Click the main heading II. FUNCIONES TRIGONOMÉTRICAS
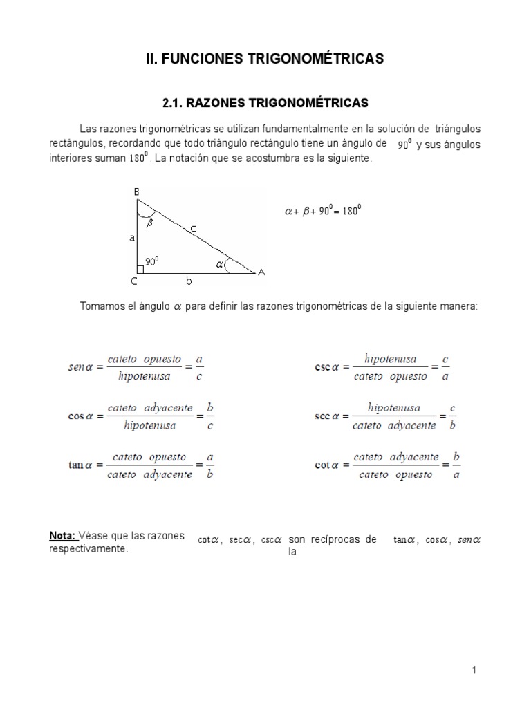tap(265, 59)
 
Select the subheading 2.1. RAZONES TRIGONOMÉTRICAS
tap(265, 102)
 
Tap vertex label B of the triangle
tap(136, 193)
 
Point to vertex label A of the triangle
tap(261, 272)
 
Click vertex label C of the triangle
tap(133, 282)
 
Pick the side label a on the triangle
tap(131, 238)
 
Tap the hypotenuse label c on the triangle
tap(193, 227)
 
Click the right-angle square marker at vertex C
tap(140, 269)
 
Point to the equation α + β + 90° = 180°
tap(323, 212)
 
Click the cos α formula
tap(141, 417)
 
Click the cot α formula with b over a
tap(387, 466)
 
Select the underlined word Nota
tap(62, 537)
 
